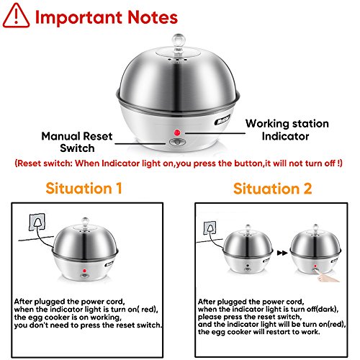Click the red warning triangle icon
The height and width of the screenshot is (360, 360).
pyautogui.click(x=16, y=16)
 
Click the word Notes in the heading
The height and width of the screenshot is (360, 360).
pyautogui.click(x=153, y=17)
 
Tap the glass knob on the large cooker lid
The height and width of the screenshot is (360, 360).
pyautogui.click(x=179, y=42)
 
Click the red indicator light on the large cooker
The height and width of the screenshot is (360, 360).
pyautogui.click(x=177, y=132)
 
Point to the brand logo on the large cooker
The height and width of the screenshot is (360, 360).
pyautogui.click(x=222, y=120)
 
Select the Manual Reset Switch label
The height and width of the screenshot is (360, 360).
pyautogui.click(x=77, y=142)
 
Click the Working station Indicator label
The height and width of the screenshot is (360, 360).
pyautogui.click(x=287, y=130)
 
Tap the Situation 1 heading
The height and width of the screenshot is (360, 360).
pyautogui.click(x=84, y=188)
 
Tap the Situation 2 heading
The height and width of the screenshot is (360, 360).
pyautogui.click(x=272, y=189)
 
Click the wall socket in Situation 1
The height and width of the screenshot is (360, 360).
pyautogui.click(x=37, y=222)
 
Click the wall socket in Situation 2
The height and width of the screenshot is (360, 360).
pyautogui.click(x=210, y=228)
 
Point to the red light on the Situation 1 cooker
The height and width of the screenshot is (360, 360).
pyautogui.click(x=84, y=271)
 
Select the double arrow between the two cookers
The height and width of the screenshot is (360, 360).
pyautogui.click(x=282, y=253)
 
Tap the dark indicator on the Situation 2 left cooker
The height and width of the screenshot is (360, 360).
pyautogui.click(x=248, y=266)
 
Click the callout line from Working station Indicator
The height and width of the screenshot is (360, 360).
pyautogui.click(x=215, y=133)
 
